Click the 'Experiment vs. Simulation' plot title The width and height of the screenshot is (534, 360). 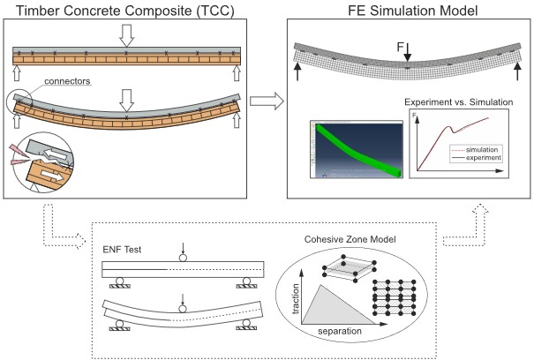tap(459, 102)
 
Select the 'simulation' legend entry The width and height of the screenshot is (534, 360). tap(482, 151)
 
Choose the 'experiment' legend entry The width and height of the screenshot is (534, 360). tap(482, 159)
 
